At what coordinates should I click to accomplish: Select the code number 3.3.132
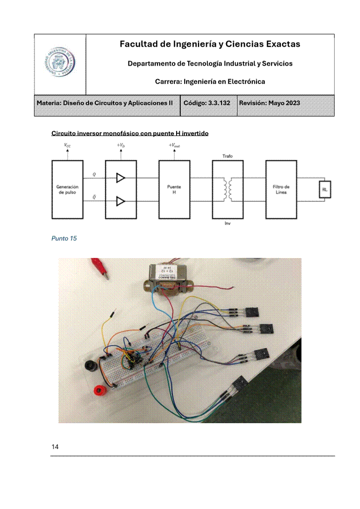[219, 103]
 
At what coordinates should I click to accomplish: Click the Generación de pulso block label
[67, 189]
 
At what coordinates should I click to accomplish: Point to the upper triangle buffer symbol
[120, 178]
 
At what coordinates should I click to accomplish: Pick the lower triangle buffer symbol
[120, 201]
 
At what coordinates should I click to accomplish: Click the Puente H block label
[174, 189]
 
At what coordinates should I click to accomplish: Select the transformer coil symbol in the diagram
[227, 190]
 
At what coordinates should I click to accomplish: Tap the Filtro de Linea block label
[281, 189]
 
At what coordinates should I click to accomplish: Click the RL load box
[325, 189]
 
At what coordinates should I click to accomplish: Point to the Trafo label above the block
[227, 156]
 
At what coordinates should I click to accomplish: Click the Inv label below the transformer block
[227, 223]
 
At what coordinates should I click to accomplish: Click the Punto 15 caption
[64, 238]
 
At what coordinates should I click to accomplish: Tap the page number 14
[55, 447]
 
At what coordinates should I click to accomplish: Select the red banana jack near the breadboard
[99, 390]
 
